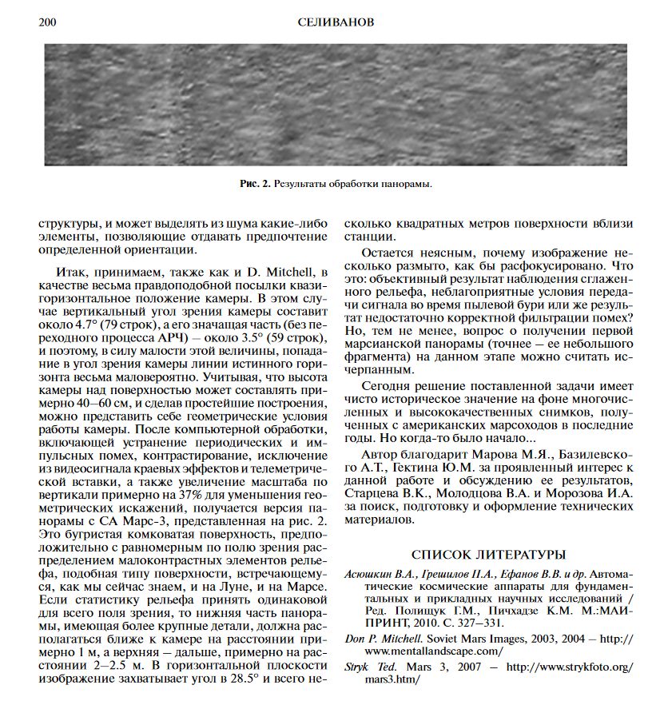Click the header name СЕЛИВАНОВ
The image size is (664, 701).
point(334,22)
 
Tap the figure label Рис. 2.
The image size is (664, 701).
point(255,184)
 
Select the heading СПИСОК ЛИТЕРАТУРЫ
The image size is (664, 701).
point(488,554)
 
